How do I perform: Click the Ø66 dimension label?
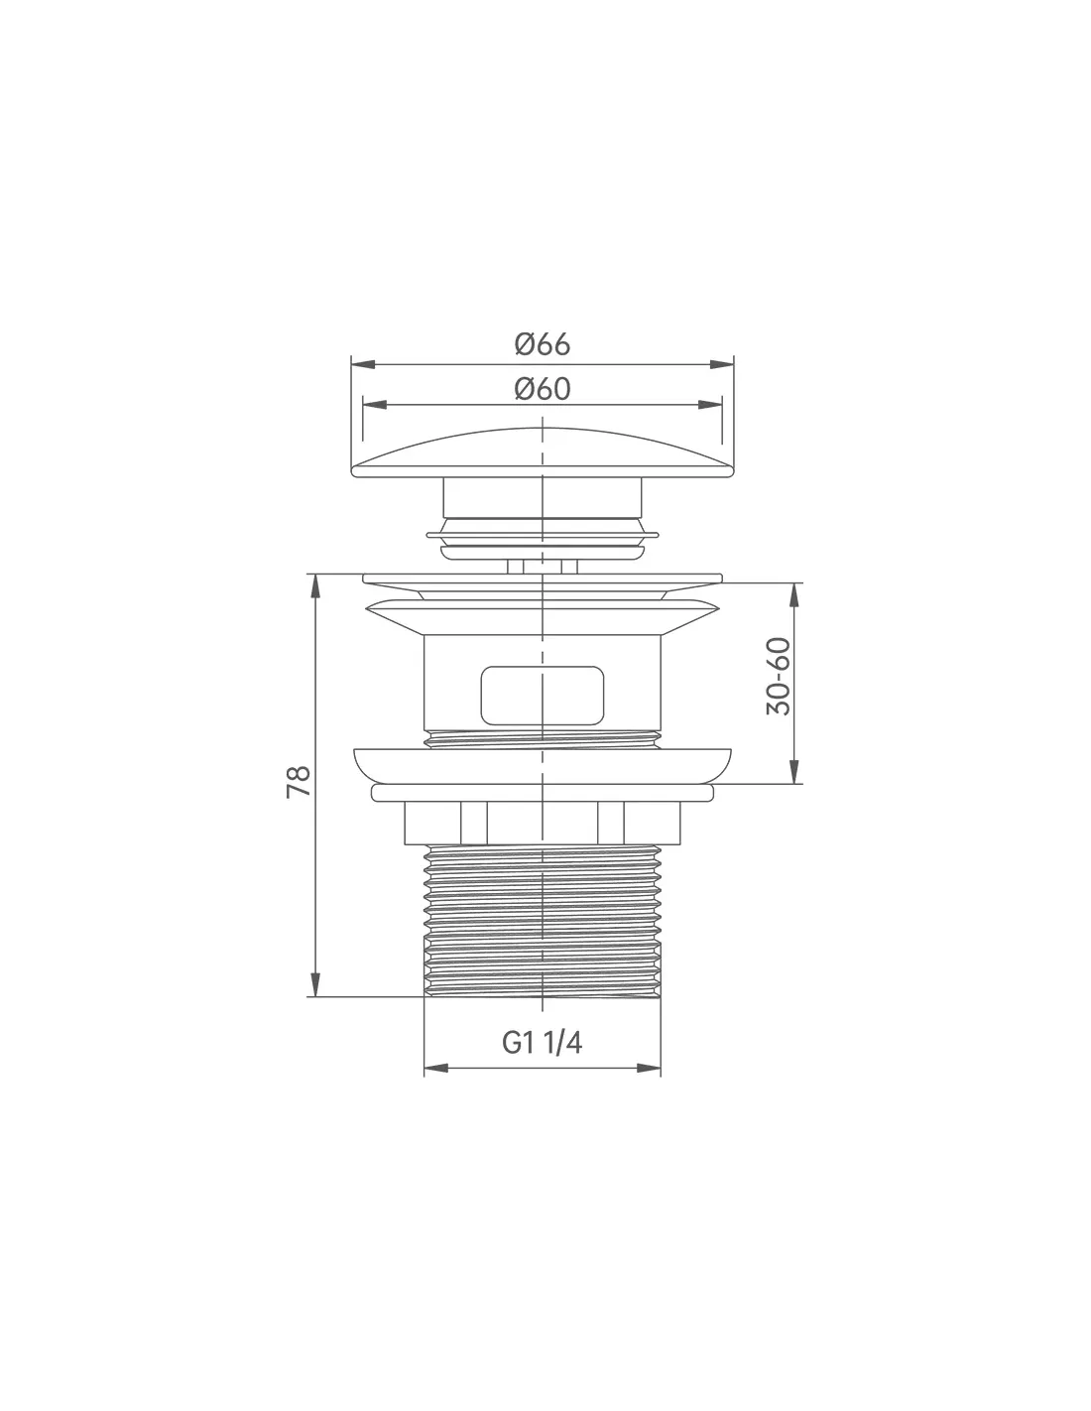point(542,344)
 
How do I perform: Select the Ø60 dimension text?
point(542,389)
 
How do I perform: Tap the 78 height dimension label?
point(300,782)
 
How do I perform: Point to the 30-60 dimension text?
point(779,677)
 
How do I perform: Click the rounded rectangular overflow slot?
point(542,695)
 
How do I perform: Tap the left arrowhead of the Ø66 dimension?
point(363,365)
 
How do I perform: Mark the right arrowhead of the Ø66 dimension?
point(721,365)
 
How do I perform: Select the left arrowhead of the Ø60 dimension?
point(375,405)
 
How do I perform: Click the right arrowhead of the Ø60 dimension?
point(709,405)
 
